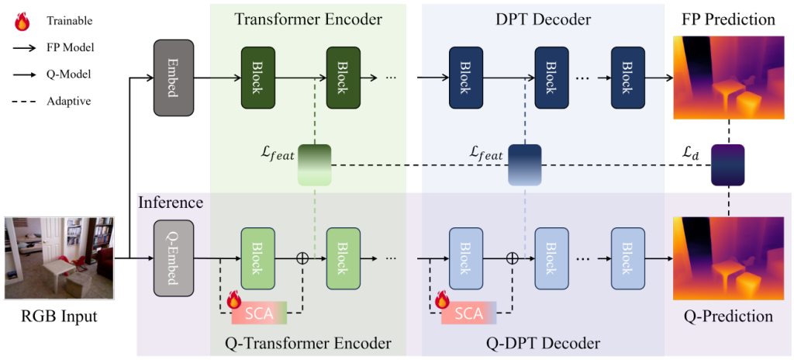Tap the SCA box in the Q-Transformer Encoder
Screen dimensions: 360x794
[259, 313]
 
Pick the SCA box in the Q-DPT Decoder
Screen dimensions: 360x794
[468, 313]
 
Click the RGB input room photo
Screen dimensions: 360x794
[60, 258]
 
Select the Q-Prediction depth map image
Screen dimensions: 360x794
[727, 258]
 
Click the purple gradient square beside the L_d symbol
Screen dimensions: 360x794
[727, 165]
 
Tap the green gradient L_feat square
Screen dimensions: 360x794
[315, 164]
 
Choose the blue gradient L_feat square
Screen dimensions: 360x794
[524, 164]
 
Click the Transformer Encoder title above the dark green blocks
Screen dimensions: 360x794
[308, 19]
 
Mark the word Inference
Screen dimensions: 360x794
[171, 203]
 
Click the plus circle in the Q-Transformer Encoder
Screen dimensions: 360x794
[303, 258]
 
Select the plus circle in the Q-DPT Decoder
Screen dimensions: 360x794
[513, 258]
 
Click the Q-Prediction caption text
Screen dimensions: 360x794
[727, 317]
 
